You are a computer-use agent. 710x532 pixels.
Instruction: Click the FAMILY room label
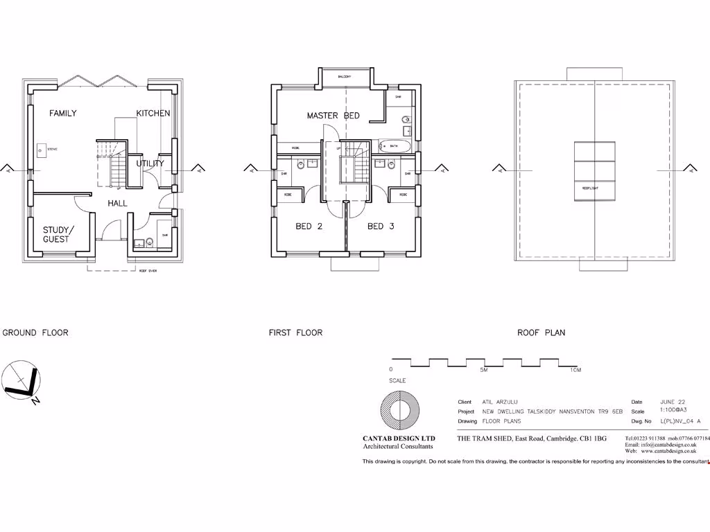pos(63,114)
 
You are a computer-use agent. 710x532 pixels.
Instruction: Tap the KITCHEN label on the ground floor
pos(153,114)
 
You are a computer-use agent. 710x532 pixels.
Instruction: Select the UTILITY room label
pos(150,163)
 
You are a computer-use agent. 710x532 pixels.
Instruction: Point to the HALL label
pos(117,203)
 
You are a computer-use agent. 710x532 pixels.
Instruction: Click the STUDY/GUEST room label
pos(56,234)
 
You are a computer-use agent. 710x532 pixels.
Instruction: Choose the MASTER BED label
pos(333,116)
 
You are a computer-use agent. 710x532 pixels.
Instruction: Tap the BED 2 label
pos(309,227)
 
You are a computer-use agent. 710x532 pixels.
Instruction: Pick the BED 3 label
pos(381,227)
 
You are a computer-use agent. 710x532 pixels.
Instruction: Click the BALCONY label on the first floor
pos(345,76)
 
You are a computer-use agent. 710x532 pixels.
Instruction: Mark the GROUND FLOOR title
pos(35,332)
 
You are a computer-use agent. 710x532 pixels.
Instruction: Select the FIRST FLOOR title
pos(295,332)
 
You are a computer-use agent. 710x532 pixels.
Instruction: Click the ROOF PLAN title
pos(541,332)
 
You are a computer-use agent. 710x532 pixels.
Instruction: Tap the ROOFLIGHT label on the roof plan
pos(590,187)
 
